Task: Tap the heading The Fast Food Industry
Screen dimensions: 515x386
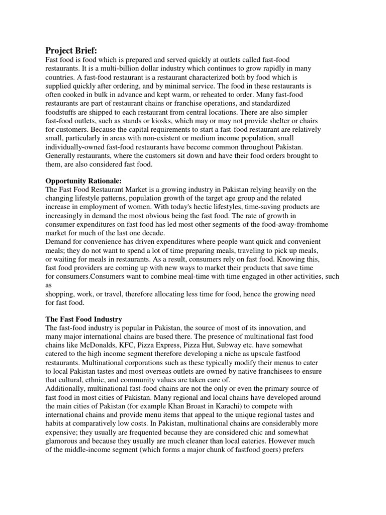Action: pos(84,319)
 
